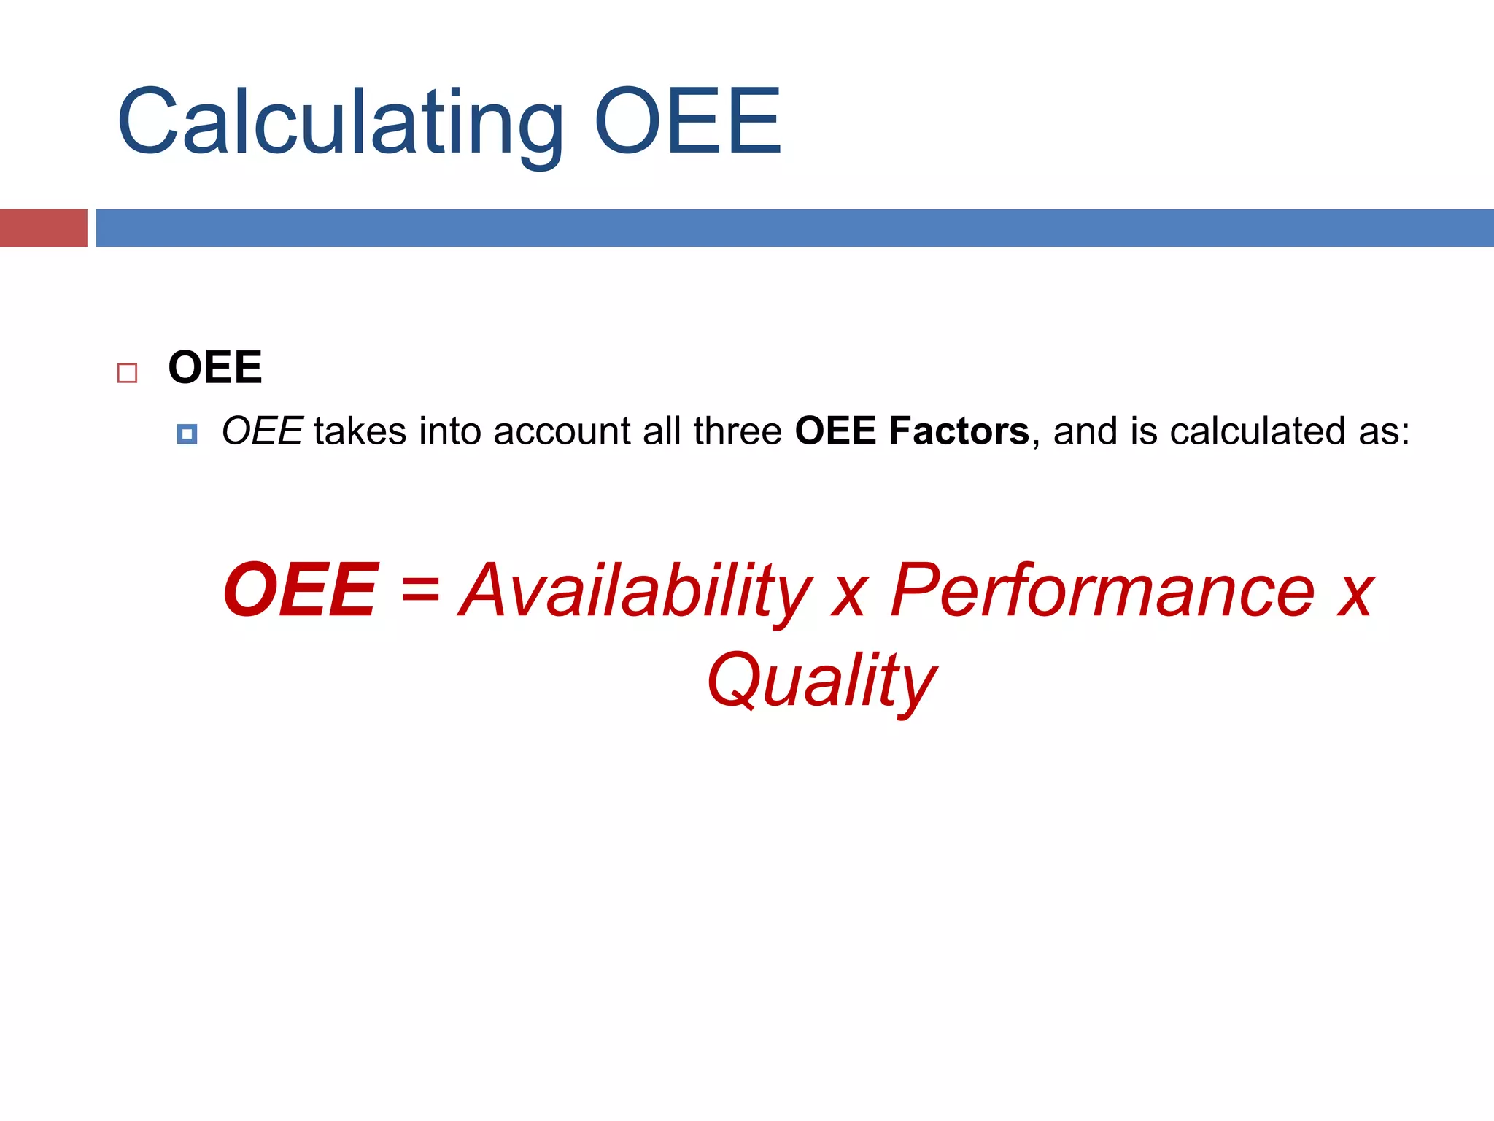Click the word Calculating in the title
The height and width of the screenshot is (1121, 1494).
click(340, 123)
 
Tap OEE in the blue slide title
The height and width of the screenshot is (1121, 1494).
click(688, 121)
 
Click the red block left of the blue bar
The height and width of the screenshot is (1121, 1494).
click(43, 228)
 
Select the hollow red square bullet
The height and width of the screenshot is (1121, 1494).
click(127, 373)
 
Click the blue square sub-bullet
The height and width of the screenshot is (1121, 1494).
click(187, 434)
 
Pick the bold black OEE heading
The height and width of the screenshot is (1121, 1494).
click(214, 367)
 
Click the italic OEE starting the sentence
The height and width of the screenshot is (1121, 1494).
click(262, 431)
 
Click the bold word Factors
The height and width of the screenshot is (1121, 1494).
click(959, 431)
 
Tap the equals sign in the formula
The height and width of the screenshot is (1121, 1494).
click(420, 588)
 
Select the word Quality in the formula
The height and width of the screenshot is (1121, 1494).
click(821, 682)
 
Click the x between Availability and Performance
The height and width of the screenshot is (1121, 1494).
click(850, 595)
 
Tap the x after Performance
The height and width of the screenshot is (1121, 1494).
click(1355, 595)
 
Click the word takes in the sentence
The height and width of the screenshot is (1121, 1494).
click(360, 431)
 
